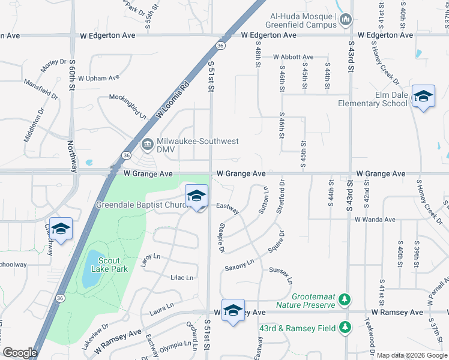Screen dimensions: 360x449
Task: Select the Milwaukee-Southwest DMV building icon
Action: [x=147, y=145]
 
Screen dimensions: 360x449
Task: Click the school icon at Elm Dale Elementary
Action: [x=423, y=96]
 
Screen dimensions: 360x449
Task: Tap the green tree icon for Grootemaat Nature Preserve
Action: [x=344, y=299]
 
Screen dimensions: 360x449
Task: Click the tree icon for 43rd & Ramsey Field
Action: [x=344, y=327]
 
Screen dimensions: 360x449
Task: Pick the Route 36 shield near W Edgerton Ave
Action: [x=221, y=46]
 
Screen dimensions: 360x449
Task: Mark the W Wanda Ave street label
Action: [x=375, y=220]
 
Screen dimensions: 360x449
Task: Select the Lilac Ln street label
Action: [x=182, y=277]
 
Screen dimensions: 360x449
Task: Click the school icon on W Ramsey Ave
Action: [x=233, y=310]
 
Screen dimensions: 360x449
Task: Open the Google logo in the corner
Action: [x=20, y=353]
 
